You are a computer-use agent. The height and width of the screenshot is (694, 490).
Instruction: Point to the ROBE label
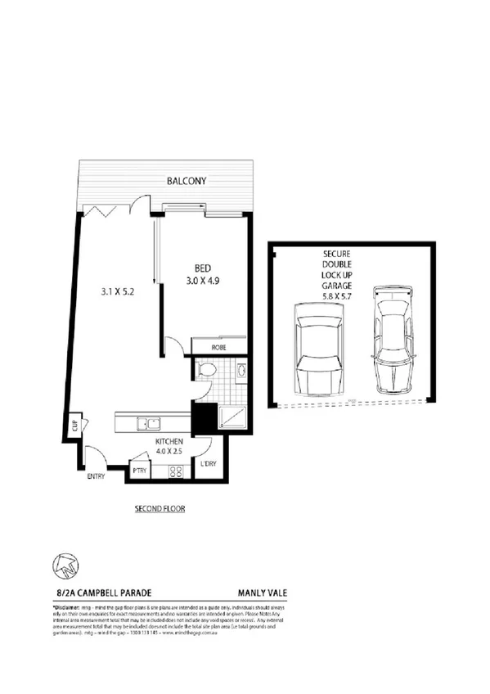pyautogui.click(x=218, y=348)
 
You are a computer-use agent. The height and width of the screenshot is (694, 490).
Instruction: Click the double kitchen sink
pyautogui.click(x=150, y=423)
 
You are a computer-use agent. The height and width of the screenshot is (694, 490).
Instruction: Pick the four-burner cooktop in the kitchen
pyautogui.click(x=174, y=471)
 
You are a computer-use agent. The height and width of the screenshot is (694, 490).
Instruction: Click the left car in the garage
pyautogui.click(x=313, y=349)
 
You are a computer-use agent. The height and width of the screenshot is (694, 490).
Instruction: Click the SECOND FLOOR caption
pyautogui.click(x=160, y=508)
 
